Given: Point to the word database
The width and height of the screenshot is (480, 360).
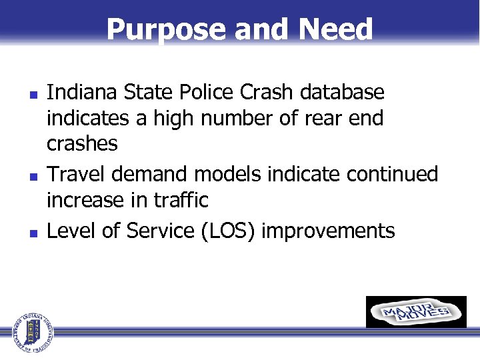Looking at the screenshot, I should (x=351, y=92).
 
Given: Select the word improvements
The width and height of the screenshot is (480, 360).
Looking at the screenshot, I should (x=329, y=231).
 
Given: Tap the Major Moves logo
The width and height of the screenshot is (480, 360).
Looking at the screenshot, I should (x=416, y=312).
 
